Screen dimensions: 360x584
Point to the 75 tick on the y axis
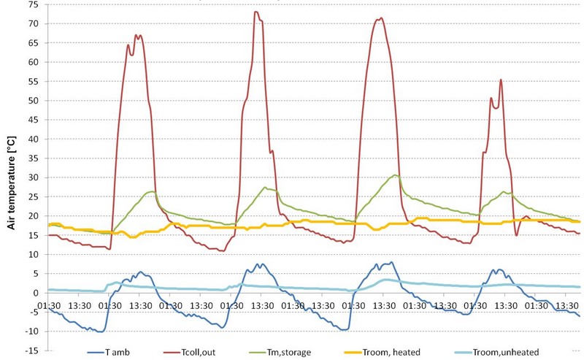[34, 4]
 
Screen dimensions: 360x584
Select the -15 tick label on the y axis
[31, 351]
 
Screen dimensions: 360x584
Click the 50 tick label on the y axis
[34, 100]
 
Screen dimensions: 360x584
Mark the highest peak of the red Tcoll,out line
[255, 12]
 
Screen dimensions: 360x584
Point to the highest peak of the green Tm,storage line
[395, 175]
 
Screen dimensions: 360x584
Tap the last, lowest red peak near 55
[501, 80]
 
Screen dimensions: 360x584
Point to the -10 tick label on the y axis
[31, 332]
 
